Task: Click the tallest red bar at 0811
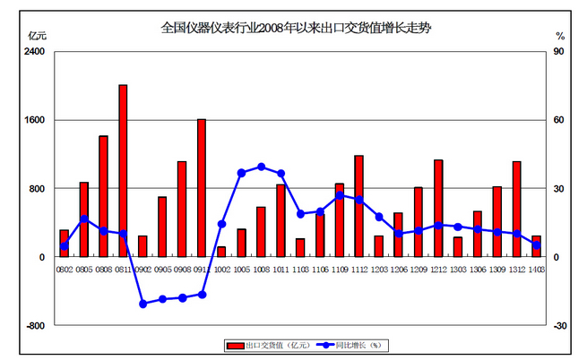coord(123,171)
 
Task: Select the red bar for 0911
coord(202,188)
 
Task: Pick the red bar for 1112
coord(358,206)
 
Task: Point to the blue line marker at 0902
coord(142,304)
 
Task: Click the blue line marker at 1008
coord(261,167)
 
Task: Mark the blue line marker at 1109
coord(340,195)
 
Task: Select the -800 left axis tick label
coord(34,326)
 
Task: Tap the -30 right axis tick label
coord(560,326)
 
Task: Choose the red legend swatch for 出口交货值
coord(235,345)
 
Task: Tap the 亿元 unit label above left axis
coord(38,36)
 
